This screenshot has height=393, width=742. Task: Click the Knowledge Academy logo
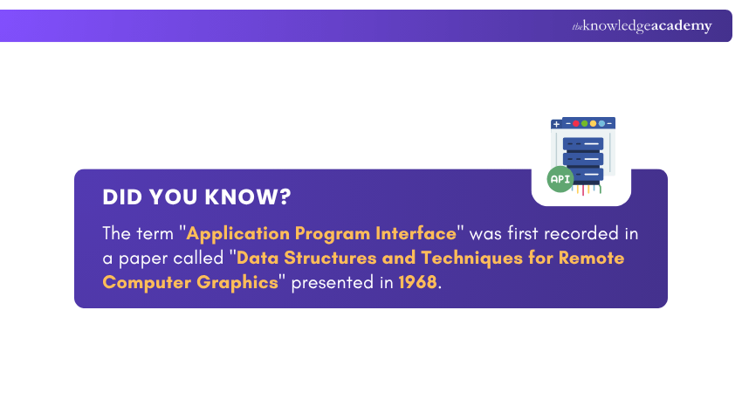click(642, 26)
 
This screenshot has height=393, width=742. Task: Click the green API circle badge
click(560, 179)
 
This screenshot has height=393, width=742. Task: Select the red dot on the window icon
click(576, 124)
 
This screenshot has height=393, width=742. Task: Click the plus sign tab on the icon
click(557, 124)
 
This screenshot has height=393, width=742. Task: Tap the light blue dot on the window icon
click(601, 124)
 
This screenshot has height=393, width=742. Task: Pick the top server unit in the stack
click(583, 143)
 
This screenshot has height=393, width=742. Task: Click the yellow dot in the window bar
click(593, 124)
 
